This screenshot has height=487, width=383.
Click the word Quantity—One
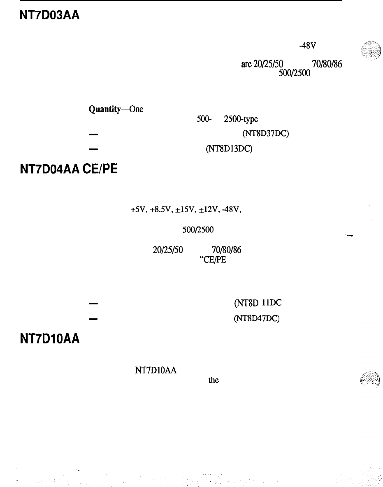pyautogui.click(x=110, y=110)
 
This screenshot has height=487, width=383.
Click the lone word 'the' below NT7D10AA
pyautogui.click(x=214, y=380)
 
